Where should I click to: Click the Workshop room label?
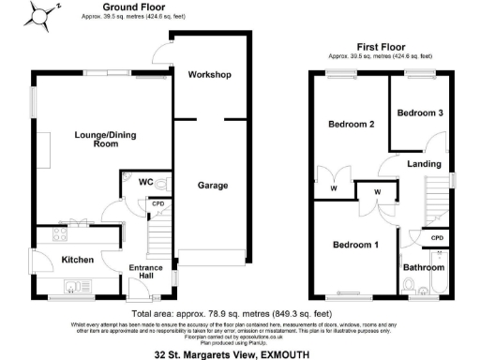(x=209, y=74)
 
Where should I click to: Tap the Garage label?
(x=212, y=186)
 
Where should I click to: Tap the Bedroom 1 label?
(x=357, y=246)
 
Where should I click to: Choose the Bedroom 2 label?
(x=352, y=124)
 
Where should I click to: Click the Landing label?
(x=425, y=165)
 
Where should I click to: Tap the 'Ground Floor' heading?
(x=128, y=7)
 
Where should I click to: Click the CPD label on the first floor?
(x=436, y=238)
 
